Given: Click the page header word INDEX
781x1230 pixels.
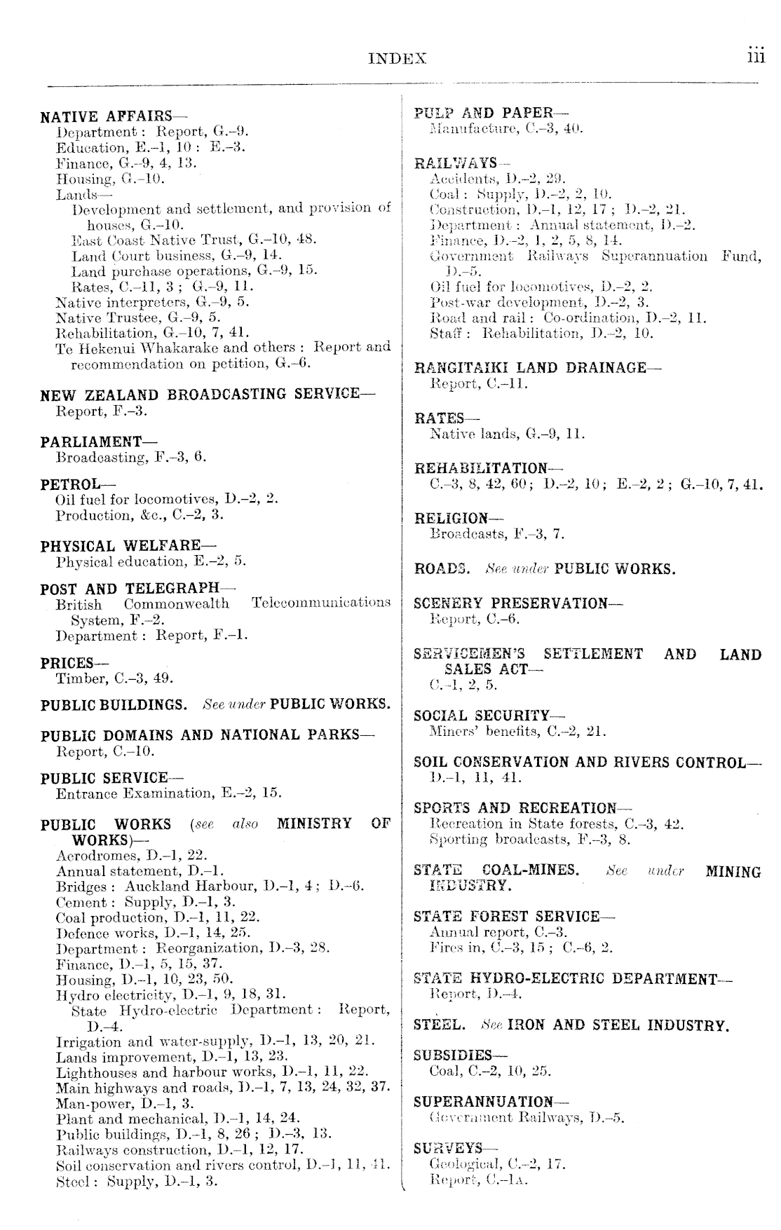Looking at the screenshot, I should (397, 60).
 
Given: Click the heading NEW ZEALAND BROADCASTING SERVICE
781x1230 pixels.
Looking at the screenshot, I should (207, 395).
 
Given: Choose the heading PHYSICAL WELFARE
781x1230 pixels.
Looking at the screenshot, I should (128, 546).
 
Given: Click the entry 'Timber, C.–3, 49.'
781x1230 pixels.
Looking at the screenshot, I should (114, 678).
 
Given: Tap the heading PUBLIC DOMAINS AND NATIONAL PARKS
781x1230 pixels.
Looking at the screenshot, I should (207, 736).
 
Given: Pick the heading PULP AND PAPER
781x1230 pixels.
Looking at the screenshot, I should (491, 113).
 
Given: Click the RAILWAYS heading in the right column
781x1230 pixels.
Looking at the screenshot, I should (456, 163).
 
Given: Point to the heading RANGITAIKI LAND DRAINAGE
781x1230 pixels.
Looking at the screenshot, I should (537, 368).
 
